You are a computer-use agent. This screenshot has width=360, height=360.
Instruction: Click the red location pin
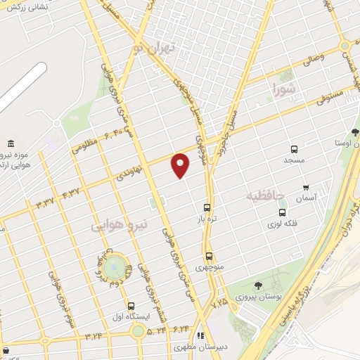181,165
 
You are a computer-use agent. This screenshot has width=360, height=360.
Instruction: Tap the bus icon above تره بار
207,207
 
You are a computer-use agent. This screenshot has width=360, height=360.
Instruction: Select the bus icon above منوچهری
209,257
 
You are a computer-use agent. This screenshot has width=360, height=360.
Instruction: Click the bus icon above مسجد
294,150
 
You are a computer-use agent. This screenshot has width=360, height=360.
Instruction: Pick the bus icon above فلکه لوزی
282,212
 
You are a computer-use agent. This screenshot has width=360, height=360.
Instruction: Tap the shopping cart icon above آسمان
306,188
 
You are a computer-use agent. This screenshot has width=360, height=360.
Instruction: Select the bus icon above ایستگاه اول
131,306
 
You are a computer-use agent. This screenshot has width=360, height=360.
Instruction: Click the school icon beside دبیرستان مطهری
200,335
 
